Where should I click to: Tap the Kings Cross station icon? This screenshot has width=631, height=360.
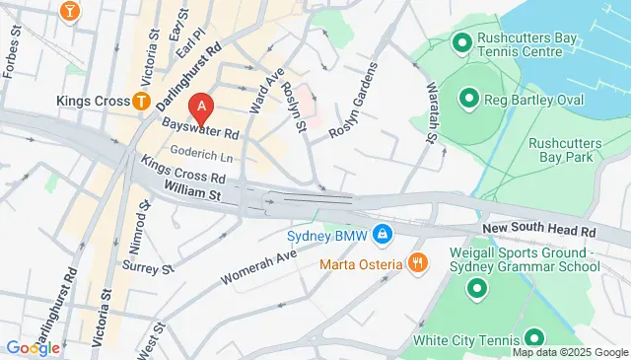point(142,101)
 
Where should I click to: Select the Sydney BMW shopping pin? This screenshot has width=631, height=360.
point(383,236)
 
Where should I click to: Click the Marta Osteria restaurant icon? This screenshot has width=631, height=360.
point(418,263)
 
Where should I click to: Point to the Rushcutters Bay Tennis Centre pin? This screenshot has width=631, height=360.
point(461,42)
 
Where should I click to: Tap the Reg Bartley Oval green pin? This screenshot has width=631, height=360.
point(468,98)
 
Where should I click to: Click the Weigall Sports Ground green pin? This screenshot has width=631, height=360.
point(478,289)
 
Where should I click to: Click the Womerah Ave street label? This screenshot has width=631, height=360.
point(258,267)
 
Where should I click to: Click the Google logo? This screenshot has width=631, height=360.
point(33,347)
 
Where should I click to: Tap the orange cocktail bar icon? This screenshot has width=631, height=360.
point(70,11)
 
